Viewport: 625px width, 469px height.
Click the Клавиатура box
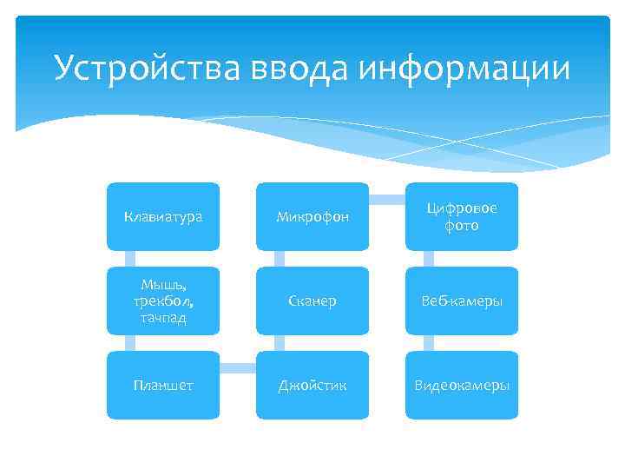tap(163, 216)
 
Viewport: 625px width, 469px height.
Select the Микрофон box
tap(312, 216)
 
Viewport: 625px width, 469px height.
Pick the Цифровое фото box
tap(462, 216)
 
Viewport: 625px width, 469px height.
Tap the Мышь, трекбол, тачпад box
tap(163, 301)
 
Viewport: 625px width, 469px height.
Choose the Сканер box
tap(312, 301)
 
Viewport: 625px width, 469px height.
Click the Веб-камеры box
tap(462, 301)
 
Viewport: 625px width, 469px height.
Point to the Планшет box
tap(163, 385)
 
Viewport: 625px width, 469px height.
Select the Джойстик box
tap(312, 385)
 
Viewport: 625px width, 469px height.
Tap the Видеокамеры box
tap(462, 385)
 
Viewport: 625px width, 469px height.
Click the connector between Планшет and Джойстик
tap(238, 368)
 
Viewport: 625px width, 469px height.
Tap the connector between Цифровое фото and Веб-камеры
tap(429, 259)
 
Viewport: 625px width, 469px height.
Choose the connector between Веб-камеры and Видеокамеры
tap(429, 343)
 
